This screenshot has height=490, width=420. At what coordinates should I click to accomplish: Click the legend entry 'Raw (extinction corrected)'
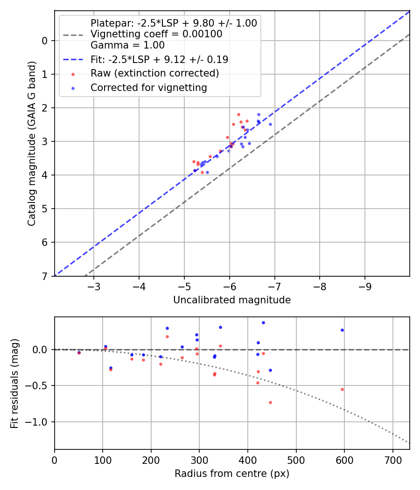tap(154, 73)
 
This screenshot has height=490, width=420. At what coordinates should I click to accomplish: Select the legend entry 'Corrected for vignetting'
tap(148, 87)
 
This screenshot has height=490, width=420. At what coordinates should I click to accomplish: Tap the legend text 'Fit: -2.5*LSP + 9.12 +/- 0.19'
tap(159, 59)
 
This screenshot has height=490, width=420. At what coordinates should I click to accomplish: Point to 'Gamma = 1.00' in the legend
tap(127, 45)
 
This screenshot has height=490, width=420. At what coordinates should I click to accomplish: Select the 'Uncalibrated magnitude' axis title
tap(232, 300)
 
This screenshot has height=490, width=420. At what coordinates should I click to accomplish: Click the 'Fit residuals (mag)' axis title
tap(14, 383)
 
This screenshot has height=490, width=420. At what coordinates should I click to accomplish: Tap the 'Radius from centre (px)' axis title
tap(232, 474)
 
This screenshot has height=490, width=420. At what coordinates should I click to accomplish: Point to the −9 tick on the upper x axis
tap(364, 285)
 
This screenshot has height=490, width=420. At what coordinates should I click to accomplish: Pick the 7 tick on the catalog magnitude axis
tap(45, 276)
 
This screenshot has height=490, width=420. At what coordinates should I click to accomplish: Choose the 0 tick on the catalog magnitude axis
tap(45, 41)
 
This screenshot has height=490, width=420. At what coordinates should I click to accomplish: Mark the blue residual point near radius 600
tap(342, 330)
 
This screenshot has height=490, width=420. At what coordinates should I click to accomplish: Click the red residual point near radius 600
tap(342, 389)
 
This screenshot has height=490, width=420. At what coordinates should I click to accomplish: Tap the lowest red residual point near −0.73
tap(270, 402)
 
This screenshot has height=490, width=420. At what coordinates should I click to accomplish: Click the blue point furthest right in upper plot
tap(270, 124)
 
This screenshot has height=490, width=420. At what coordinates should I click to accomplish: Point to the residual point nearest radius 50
tap(79, 353)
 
